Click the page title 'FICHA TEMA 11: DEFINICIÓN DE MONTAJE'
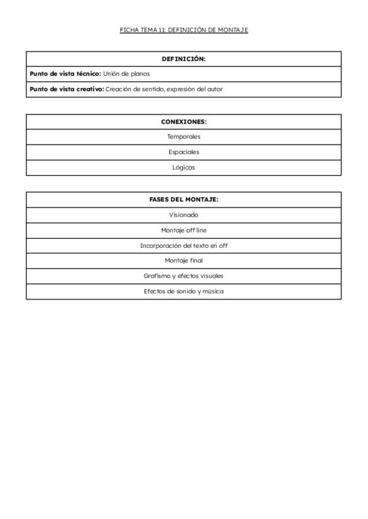(184, 30)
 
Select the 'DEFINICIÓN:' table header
(183, 59)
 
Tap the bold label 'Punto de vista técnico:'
(65, 73)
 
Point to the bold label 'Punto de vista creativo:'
(67, 89)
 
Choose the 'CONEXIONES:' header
(183, 121)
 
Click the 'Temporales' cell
(183, 136)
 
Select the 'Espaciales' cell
(183, 152)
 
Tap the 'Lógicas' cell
(183, 167)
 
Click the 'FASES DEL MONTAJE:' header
(183, 200)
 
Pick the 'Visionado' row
(183, 215)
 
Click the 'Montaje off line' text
(183, 230)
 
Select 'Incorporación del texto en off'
(183, 245)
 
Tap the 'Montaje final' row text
(183, 261)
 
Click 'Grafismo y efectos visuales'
(183, 276)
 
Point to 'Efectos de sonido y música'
(183, 291)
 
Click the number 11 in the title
(161, 30)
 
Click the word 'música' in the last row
(213, 291)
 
